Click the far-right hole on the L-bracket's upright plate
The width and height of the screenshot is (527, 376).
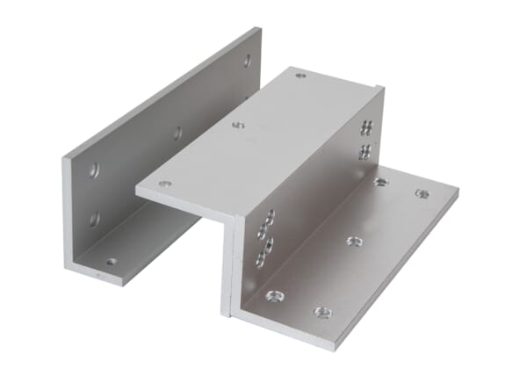tap(247, 61)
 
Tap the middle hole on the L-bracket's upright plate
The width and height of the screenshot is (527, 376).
tap(177, 134)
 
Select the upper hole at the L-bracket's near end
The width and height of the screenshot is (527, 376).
tap(94, 170)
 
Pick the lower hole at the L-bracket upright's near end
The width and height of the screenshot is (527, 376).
tap(94, 218)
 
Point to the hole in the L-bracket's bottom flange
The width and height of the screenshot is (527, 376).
tap(111, 262)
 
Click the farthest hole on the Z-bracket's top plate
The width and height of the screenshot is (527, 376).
tap(300, 76)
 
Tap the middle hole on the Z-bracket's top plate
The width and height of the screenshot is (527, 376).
tap(238, 125)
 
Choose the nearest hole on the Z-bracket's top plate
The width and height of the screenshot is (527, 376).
tap(164, 184)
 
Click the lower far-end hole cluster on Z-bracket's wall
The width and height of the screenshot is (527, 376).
tap(364, 153)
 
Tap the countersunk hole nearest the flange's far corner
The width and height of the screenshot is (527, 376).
tap(422, 193)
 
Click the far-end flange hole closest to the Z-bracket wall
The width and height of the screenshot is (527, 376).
tap(380, 182)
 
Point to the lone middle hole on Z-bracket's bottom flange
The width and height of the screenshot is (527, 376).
tap(353, 240)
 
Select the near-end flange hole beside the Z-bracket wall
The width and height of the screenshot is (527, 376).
tap(273, 296)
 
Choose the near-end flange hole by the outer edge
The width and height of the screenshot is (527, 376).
tap(322, 312)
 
